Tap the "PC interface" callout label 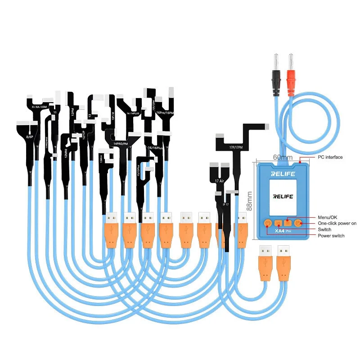point(330,157)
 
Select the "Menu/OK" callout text point(328,217)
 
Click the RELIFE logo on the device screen point(282,197)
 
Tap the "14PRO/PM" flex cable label point(121,144)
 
